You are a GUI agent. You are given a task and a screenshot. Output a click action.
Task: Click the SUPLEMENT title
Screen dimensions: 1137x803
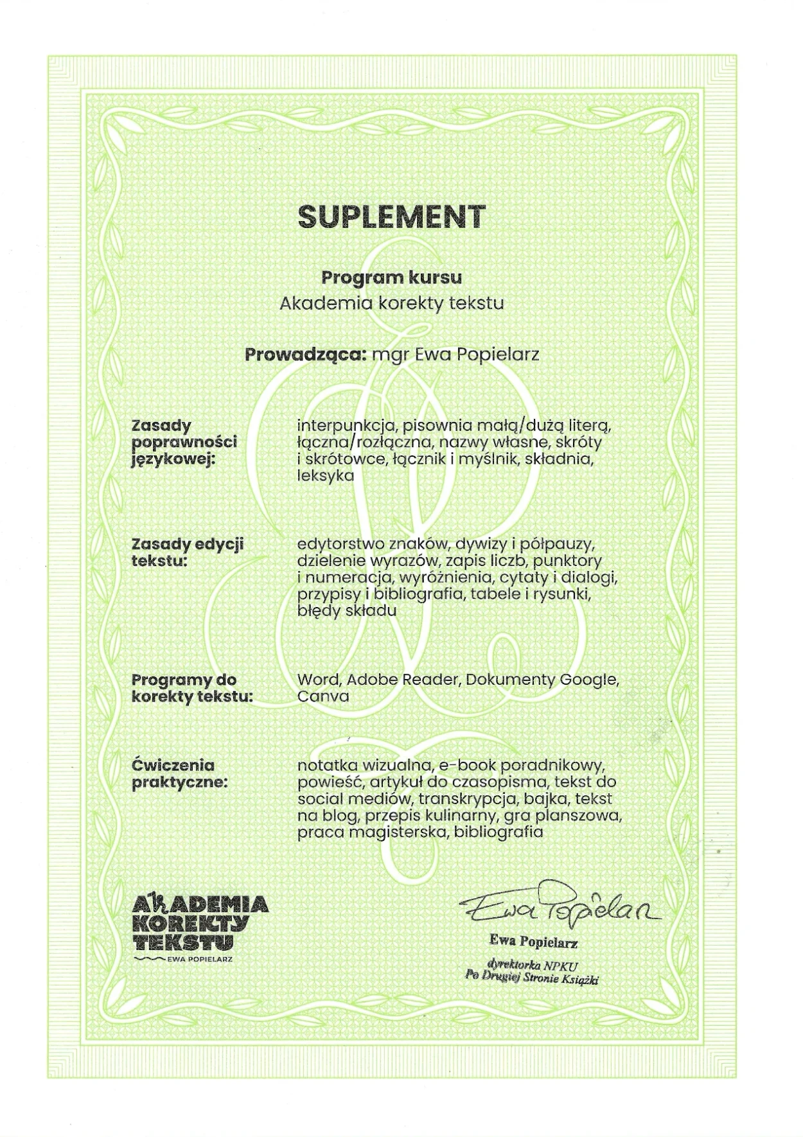pos(391,217)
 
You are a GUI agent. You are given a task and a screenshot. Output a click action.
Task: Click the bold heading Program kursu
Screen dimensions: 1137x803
pos(391,278)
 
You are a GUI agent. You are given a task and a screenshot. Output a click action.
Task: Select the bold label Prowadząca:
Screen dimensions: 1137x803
pos(305,355)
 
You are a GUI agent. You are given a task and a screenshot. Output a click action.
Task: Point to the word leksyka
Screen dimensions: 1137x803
pos(326,476)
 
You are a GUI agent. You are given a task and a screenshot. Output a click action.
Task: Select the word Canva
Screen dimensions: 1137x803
pos(323,696)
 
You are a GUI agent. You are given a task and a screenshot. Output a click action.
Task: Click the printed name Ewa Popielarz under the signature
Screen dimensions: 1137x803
pos(533,942)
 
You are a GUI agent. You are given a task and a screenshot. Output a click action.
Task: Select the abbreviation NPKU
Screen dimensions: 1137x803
pos(561,965)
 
